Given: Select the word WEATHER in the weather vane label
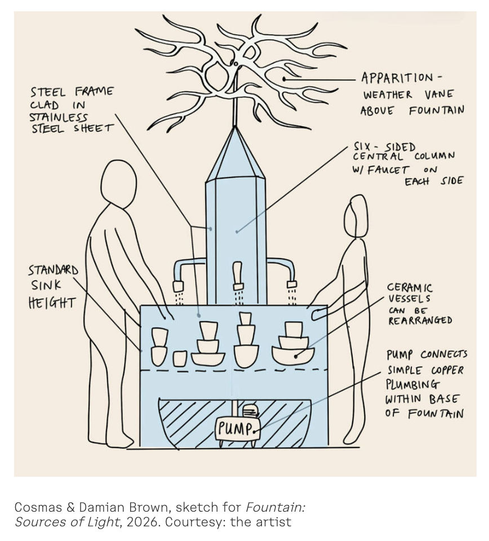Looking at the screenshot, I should tap(387, 95).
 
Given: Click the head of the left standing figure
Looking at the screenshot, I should tap(118, 184).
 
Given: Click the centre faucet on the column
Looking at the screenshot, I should tap(238, 275).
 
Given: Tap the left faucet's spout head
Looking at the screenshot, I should tap(178, 286).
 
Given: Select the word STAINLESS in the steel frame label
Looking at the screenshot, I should tap(59, 117).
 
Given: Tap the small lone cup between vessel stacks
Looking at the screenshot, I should tap(180, 358).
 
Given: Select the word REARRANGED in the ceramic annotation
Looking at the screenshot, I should tap(420, 320).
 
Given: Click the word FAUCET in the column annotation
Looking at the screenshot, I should tap(389, 169).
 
